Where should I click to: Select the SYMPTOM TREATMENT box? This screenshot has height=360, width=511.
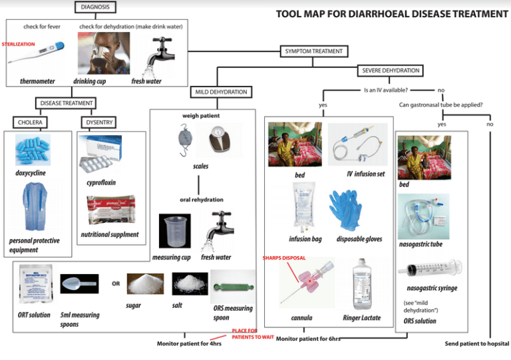pyautogui.click(x=311, y=51)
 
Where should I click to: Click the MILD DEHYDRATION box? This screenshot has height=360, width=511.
pyautogui.click(x=222, y=91)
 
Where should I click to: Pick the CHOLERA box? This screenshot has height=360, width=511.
pyautogui.click(x=31, y=122)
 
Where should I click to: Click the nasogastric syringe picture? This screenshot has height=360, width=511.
pyautogui.click(x=430, y=270)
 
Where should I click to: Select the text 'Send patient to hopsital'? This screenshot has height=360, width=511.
pyautogui.click(x=476, y=343)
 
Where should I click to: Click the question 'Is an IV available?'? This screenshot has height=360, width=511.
pyautogui.click(x=386, y=89)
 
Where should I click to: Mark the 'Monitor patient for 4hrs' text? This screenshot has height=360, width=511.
pyautogui.click(x=189, y=343)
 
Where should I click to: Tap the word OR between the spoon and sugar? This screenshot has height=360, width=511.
pyautogui.click(x=116, y=283)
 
